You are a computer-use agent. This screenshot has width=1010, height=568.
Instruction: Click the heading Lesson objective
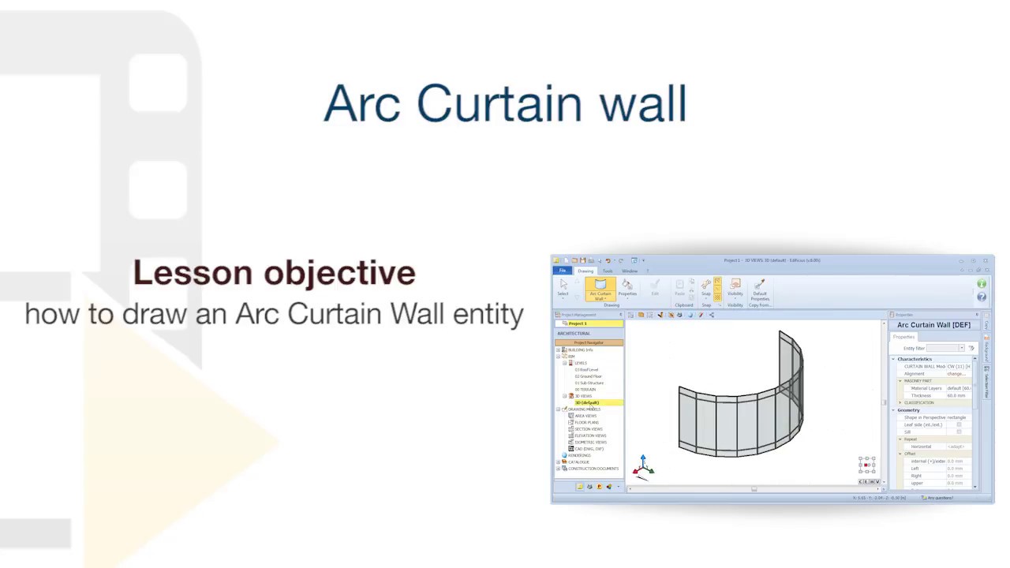coord(274,273)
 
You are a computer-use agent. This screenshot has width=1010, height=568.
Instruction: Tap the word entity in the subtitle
coord(488,314)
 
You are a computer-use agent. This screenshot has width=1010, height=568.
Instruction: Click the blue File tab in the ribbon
coord(563,271)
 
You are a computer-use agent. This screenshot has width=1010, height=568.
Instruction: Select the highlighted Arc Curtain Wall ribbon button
coord(600,289)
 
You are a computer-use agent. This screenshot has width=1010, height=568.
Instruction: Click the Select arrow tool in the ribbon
coord(563,286)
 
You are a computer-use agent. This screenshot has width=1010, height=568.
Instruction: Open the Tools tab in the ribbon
coord(608,271)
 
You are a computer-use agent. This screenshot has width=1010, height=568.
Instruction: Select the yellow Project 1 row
coord(589,323)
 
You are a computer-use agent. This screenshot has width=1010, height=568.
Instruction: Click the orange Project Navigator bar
coord(589,342)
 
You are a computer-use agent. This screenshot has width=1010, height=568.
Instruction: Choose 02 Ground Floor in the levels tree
coord(589,376)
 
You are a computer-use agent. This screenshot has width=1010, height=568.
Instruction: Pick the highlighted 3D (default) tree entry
coord(587,402)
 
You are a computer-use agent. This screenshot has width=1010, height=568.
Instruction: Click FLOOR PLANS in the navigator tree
coord(587,422)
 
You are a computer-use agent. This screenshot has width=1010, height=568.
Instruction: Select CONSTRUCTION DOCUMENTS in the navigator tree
coord(593,469)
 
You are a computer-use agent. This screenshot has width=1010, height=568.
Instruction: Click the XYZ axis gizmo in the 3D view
coord(643,466)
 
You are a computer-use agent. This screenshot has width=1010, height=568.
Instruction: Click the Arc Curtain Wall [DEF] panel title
coord(933,325)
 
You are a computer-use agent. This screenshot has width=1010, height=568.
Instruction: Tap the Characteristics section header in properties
coord(914,359)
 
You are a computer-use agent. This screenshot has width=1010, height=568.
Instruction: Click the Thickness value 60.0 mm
coord(956,395)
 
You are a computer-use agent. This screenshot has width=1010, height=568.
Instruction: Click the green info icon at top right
coord(982,284)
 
